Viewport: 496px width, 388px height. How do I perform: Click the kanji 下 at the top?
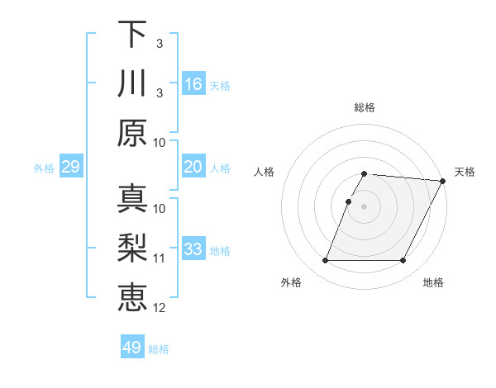[x=132, y=35]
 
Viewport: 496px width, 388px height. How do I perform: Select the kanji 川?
[x=132, y=84]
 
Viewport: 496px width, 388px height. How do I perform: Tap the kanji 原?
[x=132, y=132]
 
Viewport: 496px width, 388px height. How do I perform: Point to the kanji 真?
[x=132, y=199]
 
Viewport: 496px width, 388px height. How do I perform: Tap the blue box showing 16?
[x=193, y=84]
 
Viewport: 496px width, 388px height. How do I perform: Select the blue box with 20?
[x=193, y=168]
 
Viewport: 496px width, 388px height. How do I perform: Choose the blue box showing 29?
[x=70, y=168]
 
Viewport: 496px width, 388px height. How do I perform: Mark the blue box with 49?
[x=132, y=348]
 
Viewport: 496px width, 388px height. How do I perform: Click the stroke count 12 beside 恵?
[x=160, y=308]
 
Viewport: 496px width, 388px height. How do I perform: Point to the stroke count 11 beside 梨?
[x=160, y=258]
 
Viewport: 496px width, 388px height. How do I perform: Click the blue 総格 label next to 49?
[x=159, y=349]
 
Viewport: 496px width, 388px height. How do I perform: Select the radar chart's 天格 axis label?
[x=465, y=172]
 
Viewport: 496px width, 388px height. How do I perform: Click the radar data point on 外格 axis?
[x=325, y=261]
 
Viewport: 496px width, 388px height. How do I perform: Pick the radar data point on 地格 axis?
[x=403, y=261]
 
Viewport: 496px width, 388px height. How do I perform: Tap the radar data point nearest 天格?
[x=443, y=181]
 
